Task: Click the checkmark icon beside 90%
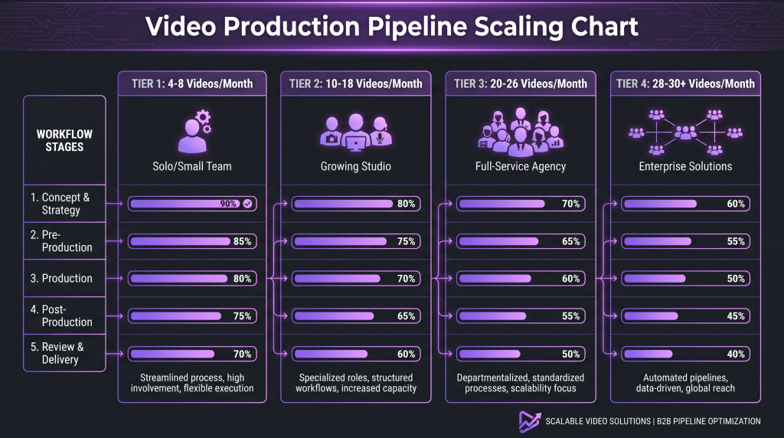point(247,204)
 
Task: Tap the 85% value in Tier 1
point(242,241)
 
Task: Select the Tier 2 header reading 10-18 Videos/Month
point(355,83)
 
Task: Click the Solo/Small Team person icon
point(194,132)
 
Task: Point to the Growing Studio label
point(355,166)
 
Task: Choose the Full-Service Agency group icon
point(521,132)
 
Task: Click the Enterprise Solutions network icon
point(685,132)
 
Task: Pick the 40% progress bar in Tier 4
point(685,354)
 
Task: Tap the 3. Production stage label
point(61,279)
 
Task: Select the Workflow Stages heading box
point(64,140)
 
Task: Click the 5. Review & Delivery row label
point(57,353)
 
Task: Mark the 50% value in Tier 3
point(570,354)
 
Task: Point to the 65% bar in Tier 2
point(355,316)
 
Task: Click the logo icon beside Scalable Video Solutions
point(530,422)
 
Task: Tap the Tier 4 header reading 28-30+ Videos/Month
point(685,83)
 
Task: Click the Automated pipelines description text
point(685,383)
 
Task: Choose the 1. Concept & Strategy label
point(60,204)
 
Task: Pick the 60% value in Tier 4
point(736,204)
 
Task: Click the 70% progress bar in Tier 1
point(192,354)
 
